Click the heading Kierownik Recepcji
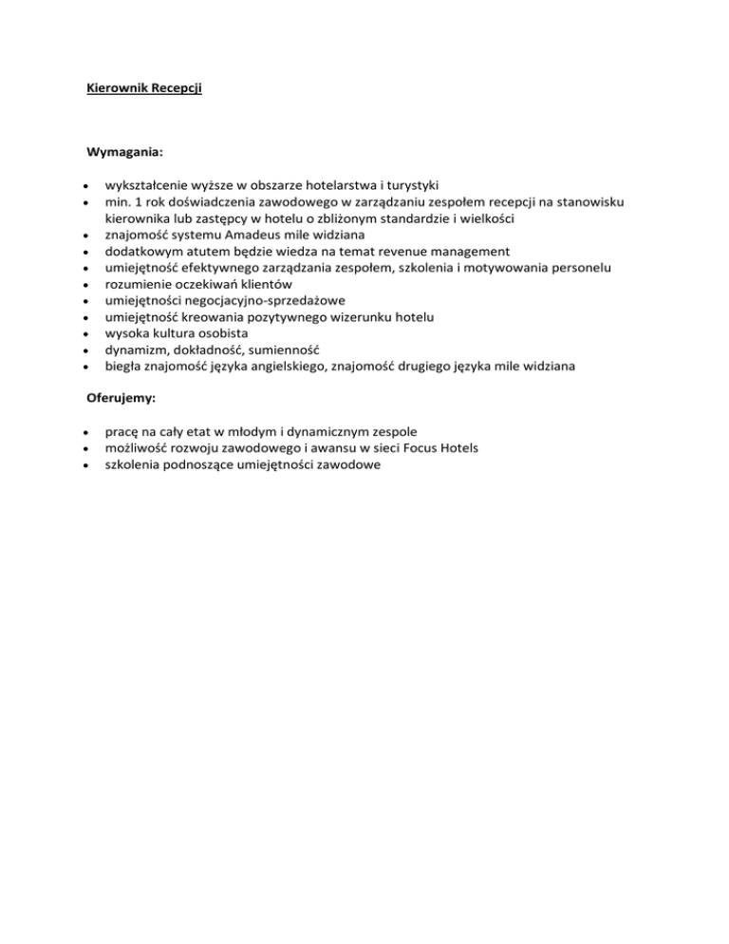tap(144, 89)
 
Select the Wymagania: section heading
tap(124, 151)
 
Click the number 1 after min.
tap(139, 201)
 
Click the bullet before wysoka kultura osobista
tap(87, 334)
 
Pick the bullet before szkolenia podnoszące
tap(87, 465)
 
